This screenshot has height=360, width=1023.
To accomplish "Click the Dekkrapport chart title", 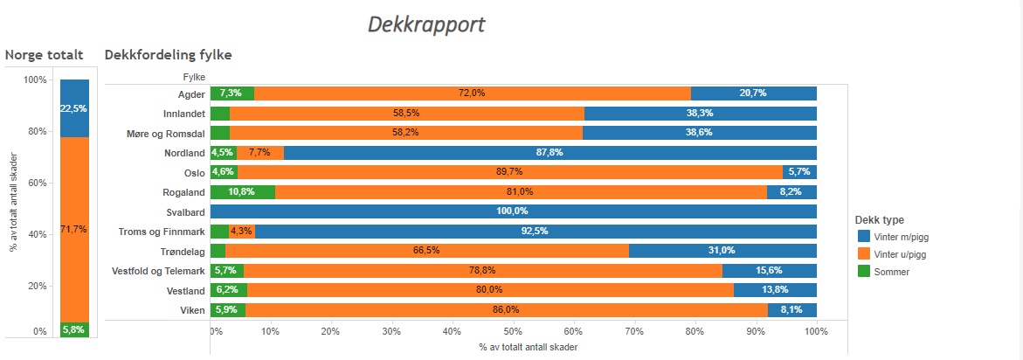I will coord(426,24).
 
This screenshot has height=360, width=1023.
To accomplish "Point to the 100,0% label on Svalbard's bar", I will coord(514,211).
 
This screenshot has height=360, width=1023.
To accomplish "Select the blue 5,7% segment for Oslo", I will coord(799,172).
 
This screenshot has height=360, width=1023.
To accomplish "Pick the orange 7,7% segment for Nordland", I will coord(259,153).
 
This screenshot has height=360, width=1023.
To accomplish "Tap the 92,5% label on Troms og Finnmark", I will coord(536,232).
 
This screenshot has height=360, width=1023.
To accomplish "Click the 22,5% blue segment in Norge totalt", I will coord(74,108).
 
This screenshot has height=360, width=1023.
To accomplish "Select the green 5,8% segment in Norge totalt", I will coord(74,329).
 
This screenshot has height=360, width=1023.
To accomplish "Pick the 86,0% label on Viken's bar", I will coord(506,309).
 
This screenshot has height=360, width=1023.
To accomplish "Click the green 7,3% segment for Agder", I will coord(232,93).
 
